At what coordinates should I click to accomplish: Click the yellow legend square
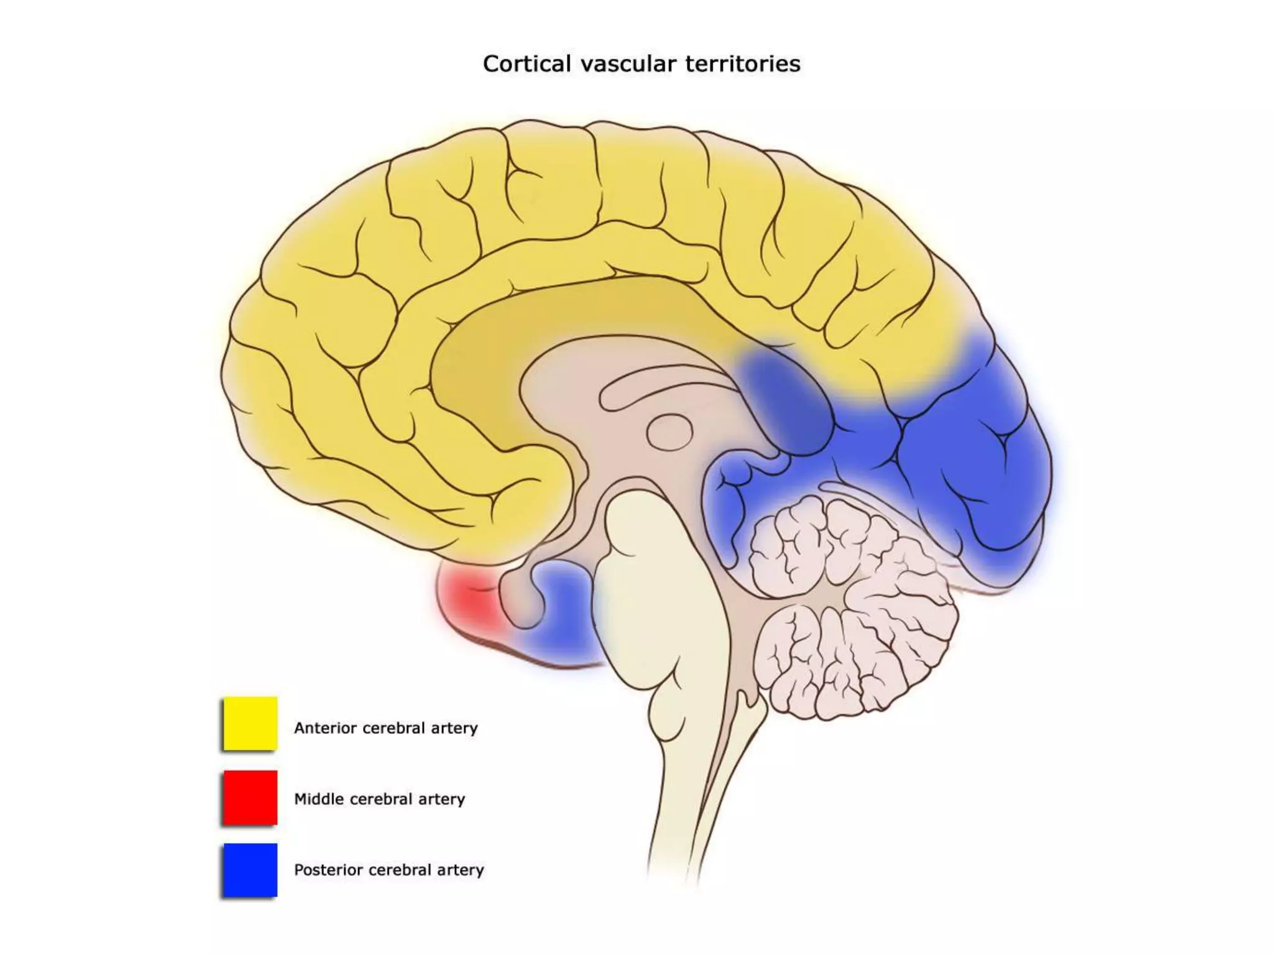[x=250, y=723]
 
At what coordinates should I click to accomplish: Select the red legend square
[x=250, y=798]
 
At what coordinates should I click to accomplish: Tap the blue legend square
[x=250, y=870]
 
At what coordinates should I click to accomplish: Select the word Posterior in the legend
[x=329, y=870]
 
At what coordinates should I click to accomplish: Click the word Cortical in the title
[x=526, y=64]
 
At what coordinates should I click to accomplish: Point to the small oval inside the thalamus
[x=670, y=431]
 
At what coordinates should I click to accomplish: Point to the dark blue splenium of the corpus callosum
[x=786, y=398]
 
